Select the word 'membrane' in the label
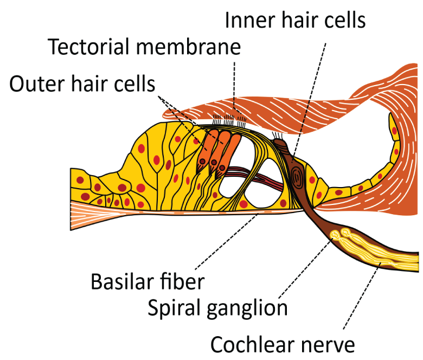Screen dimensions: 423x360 188,47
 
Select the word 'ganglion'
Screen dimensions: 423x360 247,309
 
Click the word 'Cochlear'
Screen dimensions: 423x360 253,345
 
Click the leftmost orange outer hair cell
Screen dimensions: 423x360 207,151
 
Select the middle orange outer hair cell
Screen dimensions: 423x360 217,153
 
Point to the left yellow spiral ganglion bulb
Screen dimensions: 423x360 335,235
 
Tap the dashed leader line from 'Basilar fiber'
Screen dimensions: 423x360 227,241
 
